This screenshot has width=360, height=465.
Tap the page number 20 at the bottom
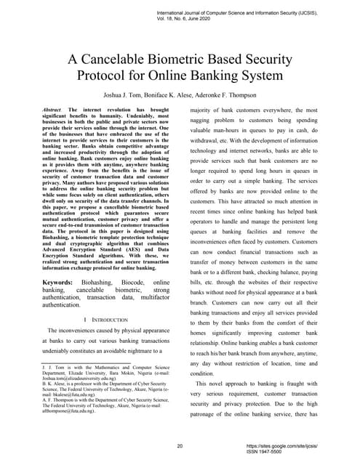(180, 445)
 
